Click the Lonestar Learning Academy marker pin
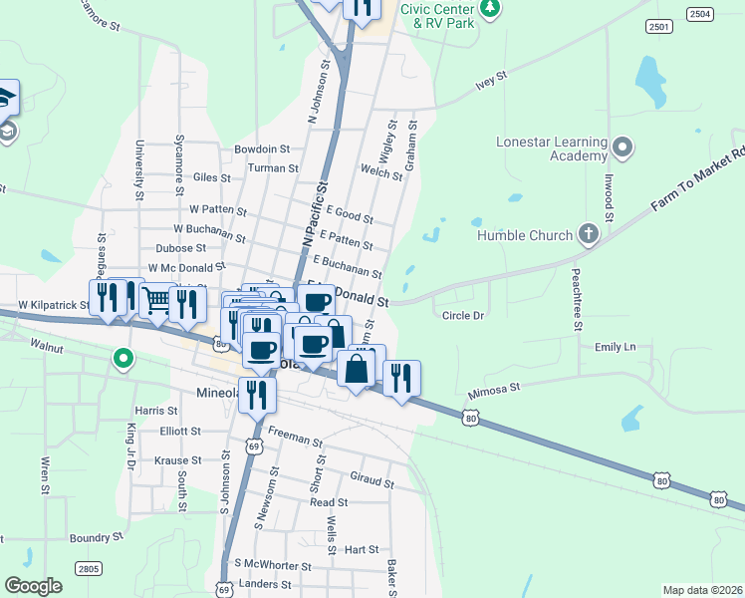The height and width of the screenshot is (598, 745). [x=623, y=149]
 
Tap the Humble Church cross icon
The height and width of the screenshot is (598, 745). [x=588, y=236]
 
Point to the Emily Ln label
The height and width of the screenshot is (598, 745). [x=615, y=347]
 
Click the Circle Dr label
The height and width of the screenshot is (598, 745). [x=463, y=316]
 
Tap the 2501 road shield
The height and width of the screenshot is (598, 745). [x=658, y=26]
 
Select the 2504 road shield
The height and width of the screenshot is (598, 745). [x=700, y=13]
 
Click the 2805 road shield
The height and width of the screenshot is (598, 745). [x=89, y=568]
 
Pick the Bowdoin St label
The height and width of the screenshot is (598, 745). [x=262, y=149]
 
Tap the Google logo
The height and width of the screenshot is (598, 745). [x=33, y=586]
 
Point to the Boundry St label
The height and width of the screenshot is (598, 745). [x=96, y=536]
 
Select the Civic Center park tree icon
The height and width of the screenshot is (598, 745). [x=489, y=10]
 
